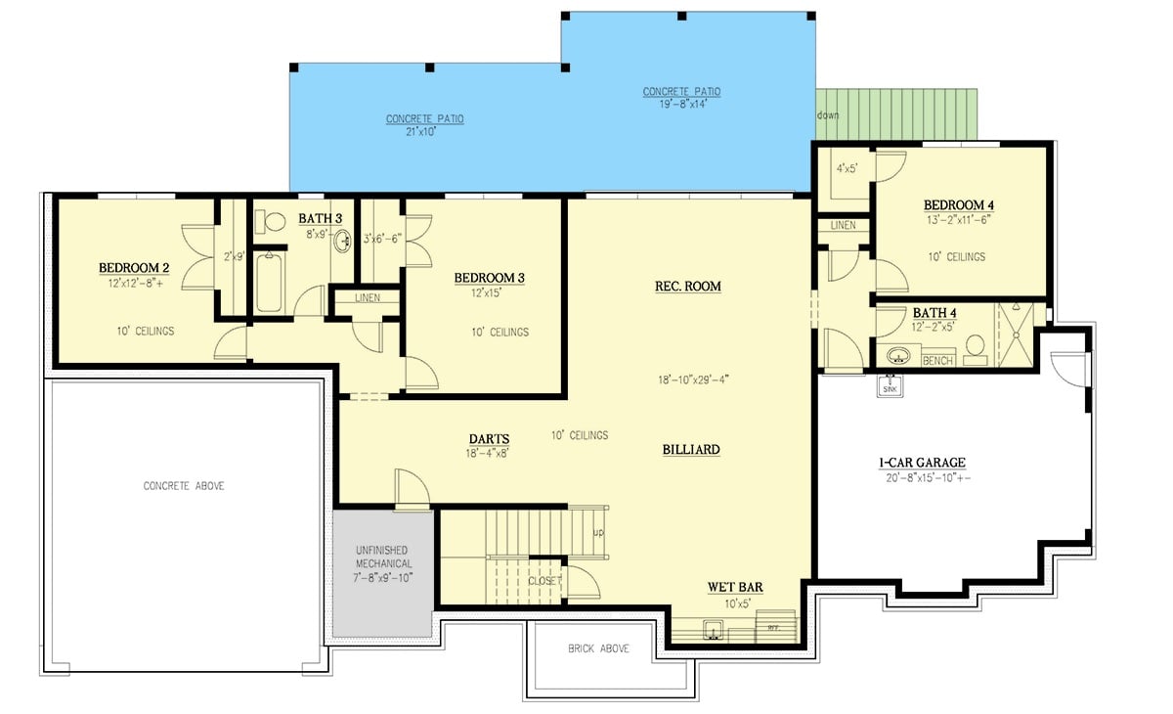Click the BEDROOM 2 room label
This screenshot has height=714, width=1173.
pos(135,267)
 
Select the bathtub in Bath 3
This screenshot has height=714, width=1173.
pos(270,283)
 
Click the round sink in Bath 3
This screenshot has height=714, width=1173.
pos(343,242)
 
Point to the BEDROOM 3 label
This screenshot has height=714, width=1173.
pos(489,278)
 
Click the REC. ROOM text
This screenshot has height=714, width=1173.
pos(687,287)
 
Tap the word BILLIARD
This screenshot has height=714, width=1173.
pos(691,450)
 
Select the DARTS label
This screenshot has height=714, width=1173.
pos(489,439)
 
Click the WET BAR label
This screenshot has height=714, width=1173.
pos(735,588)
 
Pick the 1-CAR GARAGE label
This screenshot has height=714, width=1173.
pos(923,464)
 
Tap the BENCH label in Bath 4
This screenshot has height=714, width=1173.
pos(936,361)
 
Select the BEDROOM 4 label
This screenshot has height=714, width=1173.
pos(959,204)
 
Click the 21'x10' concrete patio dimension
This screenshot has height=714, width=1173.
pos(424,131)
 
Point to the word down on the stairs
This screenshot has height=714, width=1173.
pos(827,114)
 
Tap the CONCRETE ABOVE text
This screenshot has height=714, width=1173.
pos(184,486)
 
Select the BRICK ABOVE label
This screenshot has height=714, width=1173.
pos(599,648)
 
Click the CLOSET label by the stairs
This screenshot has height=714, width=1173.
pos(544,581)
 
